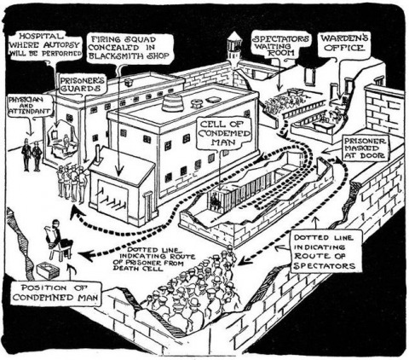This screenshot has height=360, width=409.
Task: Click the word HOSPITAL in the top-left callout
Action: coord(40,36)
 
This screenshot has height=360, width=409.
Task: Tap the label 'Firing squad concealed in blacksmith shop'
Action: coord(130,48)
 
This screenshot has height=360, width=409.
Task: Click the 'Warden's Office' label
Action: coord(344,43)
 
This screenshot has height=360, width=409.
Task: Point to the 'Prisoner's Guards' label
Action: coord(83,84)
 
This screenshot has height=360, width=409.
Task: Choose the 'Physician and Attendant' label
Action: coord(29,105)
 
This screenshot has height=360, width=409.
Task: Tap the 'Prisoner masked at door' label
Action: coord(365,148)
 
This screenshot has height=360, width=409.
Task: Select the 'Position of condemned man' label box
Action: coord(55,293)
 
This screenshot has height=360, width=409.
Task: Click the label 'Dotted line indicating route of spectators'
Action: coord(325,252)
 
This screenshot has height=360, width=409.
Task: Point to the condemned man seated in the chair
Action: coord(59,239)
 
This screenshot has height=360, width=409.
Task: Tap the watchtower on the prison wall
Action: coord(234,49)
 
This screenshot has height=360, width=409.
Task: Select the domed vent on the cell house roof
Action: coord(172,102)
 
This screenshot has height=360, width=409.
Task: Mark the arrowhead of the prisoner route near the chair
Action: coord(86,255)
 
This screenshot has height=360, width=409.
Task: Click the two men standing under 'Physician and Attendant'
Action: coord(32,154)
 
